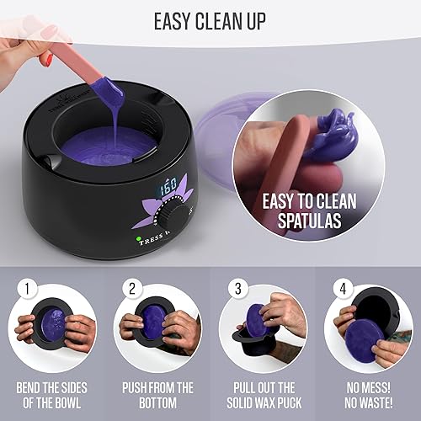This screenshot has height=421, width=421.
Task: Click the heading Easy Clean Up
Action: coord(210,19)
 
